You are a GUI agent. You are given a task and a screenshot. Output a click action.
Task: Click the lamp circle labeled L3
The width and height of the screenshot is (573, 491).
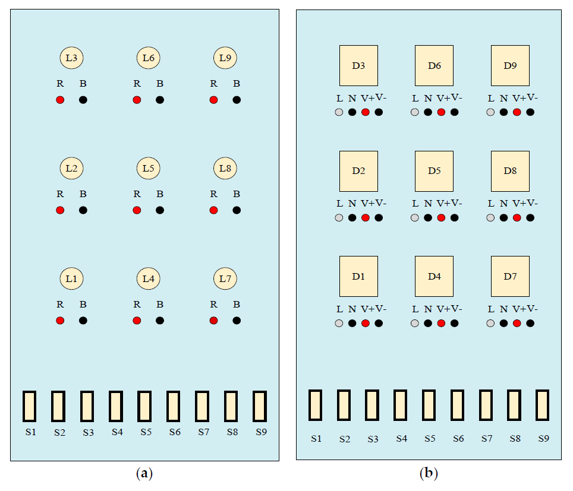coord(71,58)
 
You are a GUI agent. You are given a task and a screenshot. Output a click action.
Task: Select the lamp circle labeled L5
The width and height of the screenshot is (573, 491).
coord(148,169)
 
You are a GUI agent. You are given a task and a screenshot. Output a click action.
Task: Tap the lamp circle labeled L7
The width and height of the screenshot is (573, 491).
coord(225,278)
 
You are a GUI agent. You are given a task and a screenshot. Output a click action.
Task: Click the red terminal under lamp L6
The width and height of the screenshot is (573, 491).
coord(137,100)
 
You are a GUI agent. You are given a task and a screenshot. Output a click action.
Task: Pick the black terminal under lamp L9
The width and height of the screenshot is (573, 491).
coord(237,100)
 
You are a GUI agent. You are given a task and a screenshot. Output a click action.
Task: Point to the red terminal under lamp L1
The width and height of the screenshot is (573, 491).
coord(60,321)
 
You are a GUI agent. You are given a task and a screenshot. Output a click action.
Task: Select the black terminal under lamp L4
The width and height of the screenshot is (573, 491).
coord(160,321)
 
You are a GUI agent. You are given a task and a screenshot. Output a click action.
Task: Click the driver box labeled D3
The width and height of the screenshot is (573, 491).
coord(358,65)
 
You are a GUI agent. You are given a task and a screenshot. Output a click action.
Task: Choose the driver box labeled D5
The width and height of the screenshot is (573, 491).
coord(434,171)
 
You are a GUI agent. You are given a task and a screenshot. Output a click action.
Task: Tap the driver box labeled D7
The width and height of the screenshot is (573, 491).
coord(510,277)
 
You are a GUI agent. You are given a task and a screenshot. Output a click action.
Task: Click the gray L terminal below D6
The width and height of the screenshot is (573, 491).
coord(414,112)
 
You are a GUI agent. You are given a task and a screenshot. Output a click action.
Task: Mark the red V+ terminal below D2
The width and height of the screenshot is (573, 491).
coord(366,218)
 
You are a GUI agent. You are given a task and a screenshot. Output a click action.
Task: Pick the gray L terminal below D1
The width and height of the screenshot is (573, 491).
coord(339,324)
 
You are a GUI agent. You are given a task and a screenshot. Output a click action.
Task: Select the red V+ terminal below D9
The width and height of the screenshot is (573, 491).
coord(517,112)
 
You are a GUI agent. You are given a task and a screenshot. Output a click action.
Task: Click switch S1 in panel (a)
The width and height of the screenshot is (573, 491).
coord(30,406)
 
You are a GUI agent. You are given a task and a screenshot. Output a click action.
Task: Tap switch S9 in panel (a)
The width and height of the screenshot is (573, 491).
coord(260,406)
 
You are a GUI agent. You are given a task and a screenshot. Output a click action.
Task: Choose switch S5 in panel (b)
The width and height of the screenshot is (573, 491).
coord(429,405)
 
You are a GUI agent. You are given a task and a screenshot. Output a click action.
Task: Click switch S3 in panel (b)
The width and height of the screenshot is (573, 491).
coord(372,405)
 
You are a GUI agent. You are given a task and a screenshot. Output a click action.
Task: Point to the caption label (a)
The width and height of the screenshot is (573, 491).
coord(144,474)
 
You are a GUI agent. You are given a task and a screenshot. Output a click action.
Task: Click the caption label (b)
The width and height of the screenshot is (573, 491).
coord(429,474)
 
